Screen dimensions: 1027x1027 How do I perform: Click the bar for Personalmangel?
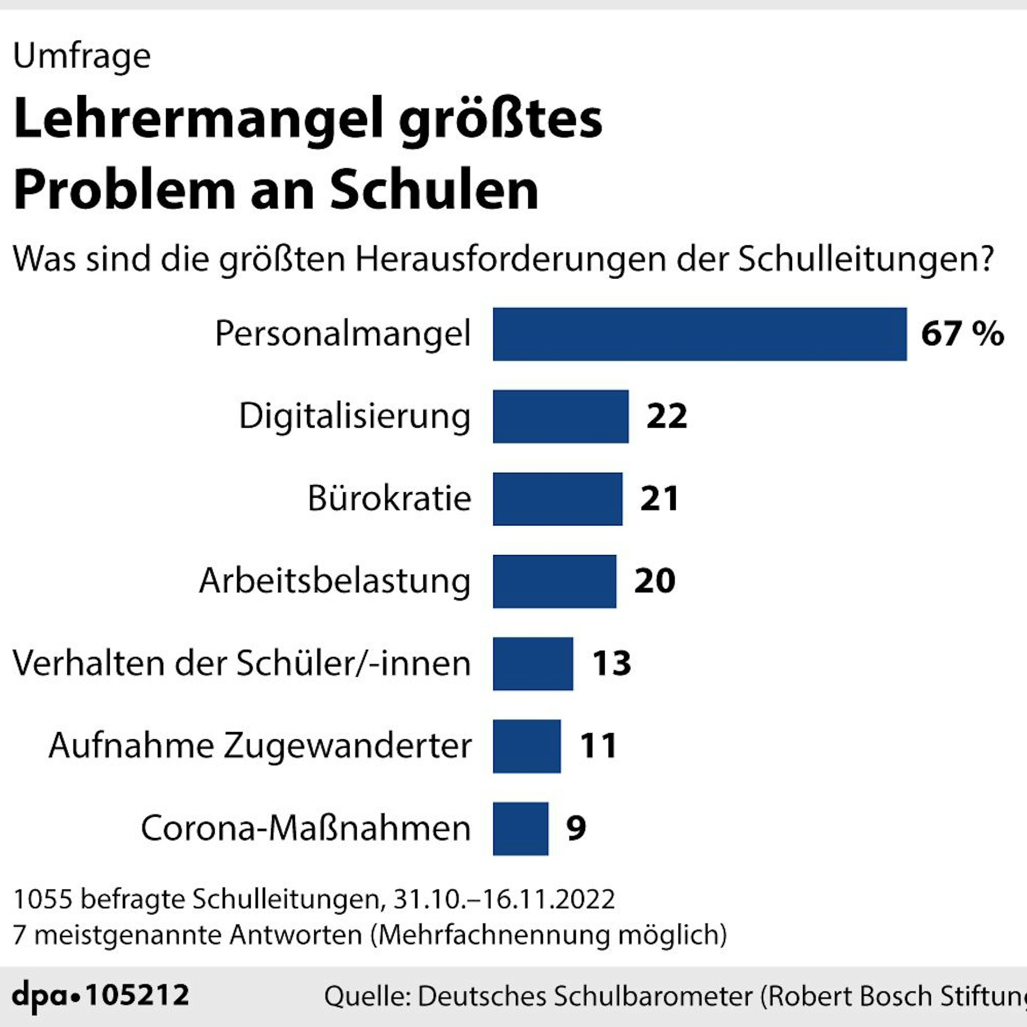699,334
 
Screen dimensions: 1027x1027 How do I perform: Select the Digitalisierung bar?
560,416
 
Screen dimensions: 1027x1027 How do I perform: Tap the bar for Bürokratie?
557,499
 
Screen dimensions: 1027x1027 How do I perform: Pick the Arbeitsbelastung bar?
554,581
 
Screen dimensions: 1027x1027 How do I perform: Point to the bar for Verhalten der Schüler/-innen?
533,664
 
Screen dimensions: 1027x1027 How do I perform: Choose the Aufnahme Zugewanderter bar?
527,746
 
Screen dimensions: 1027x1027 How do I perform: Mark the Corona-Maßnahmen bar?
520,829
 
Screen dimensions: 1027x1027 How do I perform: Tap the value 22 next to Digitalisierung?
666,416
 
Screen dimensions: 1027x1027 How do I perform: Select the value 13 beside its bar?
612,664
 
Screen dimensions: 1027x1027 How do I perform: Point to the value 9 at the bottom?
576,828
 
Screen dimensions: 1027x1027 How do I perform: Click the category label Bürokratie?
389,498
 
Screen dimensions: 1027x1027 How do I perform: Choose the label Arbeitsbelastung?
334,581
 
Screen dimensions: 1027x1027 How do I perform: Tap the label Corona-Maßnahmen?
305,828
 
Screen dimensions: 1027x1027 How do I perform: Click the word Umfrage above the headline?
82,56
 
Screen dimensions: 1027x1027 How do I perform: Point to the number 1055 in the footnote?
43,899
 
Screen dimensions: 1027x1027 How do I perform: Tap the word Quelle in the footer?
367,996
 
